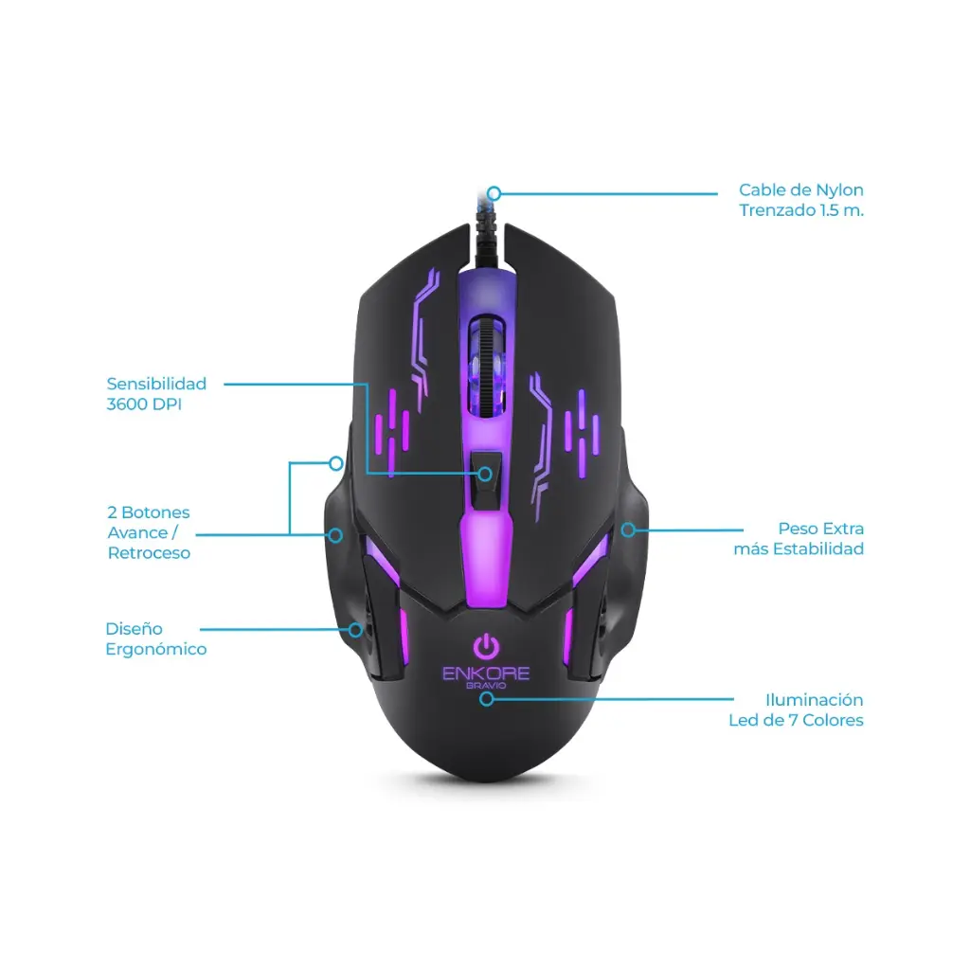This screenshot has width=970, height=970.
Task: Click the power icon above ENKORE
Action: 486,646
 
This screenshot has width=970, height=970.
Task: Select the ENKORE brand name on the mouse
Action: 486,674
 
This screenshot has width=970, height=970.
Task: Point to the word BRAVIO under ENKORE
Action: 486,686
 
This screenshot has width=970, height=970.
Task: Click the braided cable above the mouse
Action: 486,229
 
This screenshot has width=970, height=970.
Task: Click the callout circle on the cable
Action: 494,193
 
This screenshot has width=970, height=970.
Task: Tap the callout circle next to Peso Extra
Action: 629,530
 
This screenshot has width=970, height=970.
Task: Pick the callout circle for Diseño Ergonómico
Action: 355,630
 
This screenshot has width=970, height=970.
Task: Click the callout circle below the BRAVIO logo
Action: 487,699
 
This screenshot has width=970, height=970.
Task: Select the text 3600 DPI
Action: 144,404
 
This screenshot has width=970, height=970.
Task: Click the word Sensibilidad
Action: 156,385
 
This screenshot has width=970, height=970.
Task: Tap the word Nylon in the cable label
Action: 839,190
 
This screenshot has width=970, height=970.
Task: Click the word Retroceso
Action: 149,553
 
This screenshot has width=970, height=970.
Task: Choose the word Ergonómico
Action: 156,650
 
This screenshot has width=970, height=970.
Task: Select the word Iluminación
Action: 814,700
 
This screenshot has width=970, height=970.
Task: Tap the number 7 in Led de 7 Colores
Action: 793,721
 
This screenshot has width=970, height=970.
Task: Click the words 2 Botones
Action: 149,512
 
